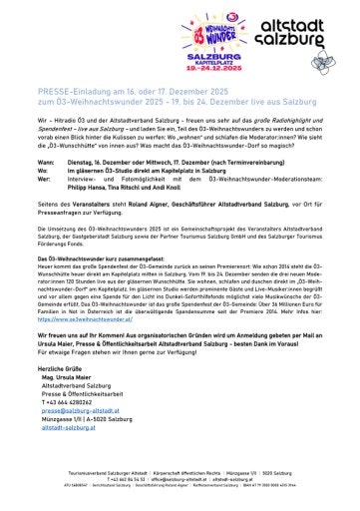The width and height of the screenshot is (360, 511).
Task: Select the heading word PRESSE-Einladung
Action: [x=59, y=89]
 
